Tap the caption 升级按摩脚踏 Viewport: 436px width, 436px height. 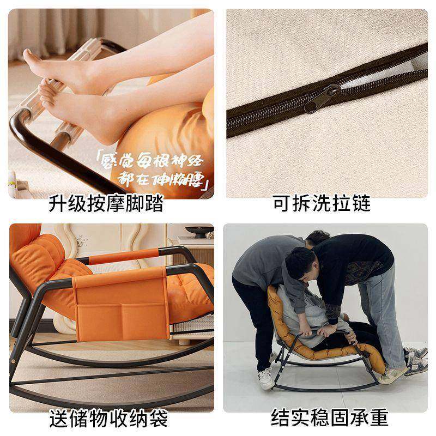(106, 205)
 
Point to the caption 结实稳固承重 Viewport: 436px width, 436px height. (330, 418)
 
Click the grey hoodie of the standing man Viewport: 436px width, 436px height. (262, 262)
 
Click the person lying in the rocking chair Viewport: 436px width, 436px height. (322, 316)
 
